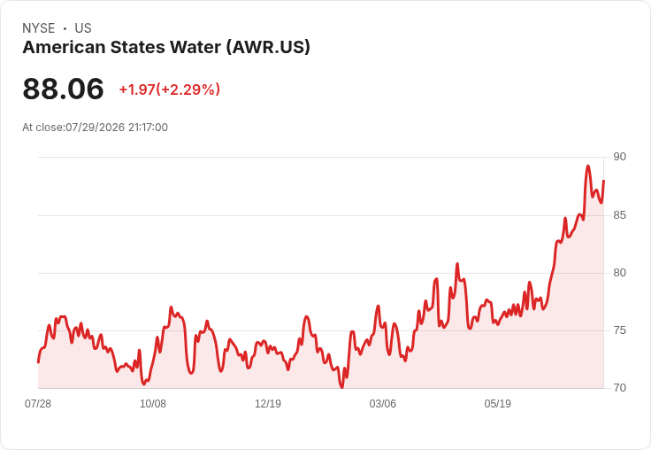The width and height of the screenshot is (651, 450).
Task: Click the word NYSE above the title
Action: [x=39, y=28]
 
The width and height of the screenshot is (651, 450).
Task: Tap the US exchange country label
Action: [x=83, y=28]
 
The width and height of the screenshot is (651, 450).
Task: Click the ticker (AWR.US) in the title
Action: [x=268, y=47]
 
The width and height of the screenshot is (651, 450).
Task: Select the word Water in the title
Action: [x=195, y=47]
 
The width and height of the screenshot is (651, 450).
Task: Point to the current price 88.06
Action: [x=63, y=89]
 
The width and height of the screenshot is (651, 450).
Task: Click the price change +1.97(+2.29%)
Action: [x=170, y=89]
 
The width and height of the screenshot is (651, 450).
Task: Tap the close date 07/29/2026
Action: [x=95, y=128]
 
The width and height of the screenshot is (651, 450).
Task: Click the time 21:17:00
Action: [x=148, y=128]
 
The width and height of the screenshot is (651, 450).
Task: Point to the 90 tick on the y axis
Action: [x=619, y=157]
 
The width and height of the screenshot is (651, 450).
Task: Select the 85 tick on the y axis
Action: [x=619, y=215]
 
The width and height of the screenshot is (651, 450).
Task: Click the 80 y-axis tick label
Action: [x=619, y=273]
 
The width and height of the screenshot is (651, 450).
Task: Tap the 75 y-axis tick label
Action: [x=619, y=330]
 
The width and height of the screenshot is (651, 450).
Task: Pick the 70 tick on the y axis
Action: [x=619, y=388]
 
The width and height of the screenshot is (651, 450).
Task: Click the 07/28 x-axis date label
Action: [x=38, y=404]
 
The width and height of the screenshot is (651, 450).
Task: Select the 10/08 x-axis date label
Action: [x=153, y=404]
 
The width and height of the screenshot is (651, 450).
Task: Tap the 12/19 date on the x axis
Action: [x=268, y=404]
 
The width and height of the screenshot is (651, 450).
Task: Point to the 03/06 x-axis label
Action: [x=383, y=404]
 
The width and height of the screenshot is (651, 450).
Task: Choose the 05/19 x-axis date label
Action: [x=497, y=404]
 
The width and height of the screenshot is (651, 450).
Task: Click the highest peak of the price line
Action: [x=588, y=166]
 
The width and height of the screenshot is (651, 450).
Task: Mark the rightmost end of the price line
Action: [x=603, y=181]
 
